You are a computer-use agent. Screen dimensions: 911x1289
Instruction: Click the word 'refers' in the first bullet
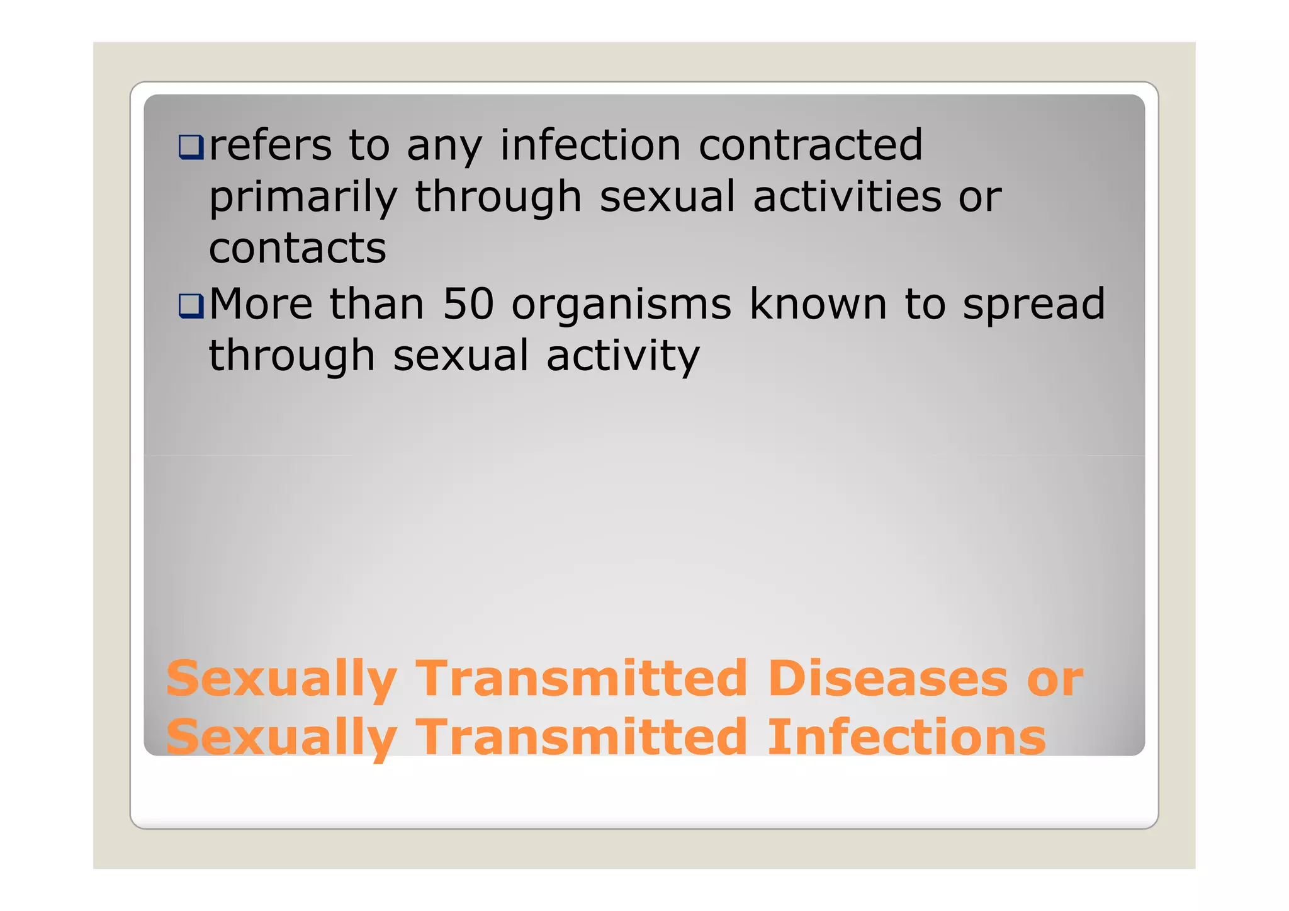point(270,145)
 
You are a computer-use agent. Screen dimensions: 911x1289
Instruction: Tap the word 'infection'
point(590,145)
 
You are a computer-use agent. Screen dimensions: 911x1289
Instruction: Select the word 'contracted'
point(811,145)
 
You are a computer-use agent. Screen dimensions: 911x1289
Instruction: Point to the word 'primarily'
point(303,198)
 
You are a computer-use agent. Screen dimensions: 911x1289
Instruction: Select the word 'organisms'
point(621,306)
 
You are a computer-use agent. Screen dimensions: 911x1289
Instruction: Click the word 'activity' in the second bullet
point(622,357)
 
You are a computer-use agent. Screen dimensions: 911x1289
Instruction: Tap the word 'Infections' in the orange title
point(906,737)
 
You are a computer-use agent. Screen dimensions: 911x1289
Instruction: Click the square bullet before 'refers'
point(191,147)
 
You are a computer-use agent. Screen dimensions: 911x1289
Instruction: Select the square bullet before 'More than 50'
point(191,306)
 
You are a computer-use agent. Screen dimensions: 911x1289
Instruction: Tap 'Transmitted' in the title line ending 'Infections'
point(582,737)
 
